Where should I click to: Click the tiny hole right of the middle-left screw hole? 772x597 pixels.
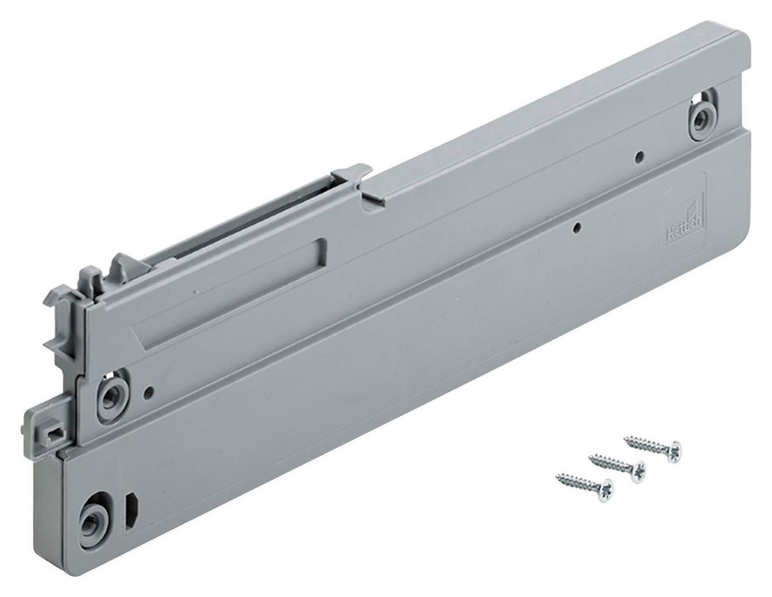149,390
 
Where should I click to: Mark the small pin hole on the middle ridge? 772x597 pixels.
578,226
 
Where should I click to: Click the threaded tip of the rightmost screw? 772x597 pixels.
627,438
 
